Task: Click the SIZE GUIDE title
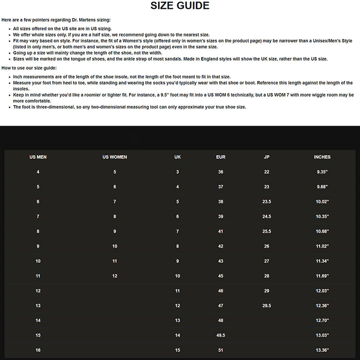(180, 6)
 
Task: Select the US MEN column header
(38, 157)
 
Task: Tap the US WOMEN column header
(114, 157)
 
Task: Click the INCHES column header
(322, 157)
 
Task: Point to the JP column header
(266, 157)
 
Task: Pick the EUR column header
(221, 157)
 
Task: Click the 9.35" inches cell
(322, 172)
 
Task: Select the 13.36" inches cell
(322, 350)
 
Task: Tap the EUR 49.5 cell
(221, 336)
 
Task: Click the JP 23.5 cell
(266, 202)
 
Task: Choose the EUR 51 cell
(221, 350)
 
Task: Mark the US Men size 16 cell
(38, 350)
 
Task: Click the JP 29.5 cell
(266, 306)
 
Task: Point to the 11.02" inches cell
(322, 247)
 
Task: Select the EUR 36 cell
(221, 172)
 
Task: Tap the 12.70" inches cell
(322, 321)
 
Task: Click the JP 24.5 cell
(266, 217)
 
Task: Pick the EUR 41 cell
(221, 231)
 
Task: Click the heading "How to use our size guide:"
(29, 68)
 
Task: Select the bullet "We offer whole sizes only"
(111, 35)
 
